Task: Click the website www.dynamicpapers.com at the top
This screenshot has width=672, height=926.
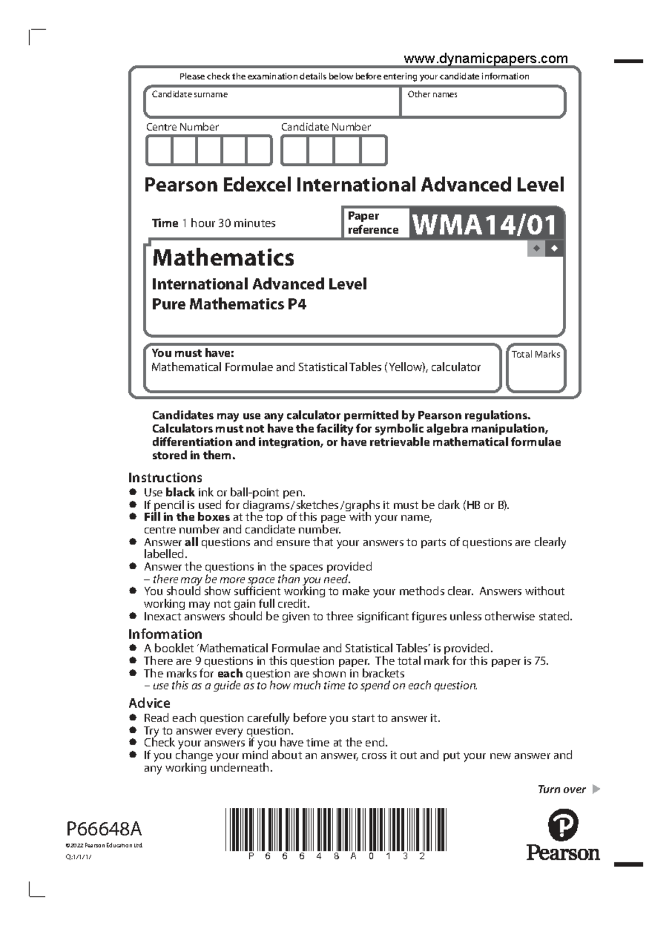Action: pyautogui.click(x=486, y=59)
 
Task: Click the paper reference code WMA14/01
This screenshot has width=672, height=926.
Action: pyautogui.click(x=485, y=225)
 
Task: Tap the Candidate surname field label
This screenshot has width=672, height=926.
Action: pyautogui.click(x=190, y=95)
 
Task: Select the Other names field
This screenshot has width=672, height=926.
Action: pyautogui.click(x=483, y=102)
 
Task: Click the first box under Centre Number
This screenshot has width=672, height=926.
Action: pyautogui.click(x=159, y=151)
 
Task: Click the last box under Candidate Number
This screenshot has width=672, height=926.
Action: pyautogui.click(x=374, y=151)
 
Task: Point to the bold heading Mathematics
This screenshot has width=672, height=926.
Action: pyautogui.click(x=223, y=258)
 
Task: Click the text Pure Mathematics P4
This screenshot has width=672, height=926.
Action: pyautogui.click(x=229, y=304)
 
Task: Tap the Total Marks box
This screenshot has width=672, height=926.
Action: pyautogui.click(x=536, y=369)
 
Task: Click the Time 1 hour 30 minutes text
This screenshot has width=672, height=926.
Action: pyautogui.click(x=213, y=223)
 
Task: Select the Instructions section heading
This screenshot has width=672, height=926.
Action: pyautogui.click(x=165, y=478)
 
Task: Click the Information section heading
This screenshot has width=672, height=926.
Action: pyautogui.click(x=165, y=634)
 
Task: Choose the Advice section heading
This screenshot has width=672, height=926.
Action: pyautogui.click(x=150, y=704)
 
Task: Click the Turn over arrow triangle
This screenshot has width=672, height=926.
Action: pyautogui.click(x=596, y=789)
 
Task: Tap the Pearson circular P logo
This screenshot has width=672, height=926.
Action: pyautogui.click(x=562, y=825)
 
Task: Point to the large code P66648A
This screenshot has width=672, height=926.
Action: pyautogui.click(x=104, y=829)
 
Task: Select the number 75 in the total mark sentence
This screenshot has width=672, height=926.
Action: pyautogui.click(x=540, y=661)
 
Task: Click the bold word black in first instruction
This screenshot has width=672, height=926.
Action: pyautogui.click(x=180, y=493)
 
